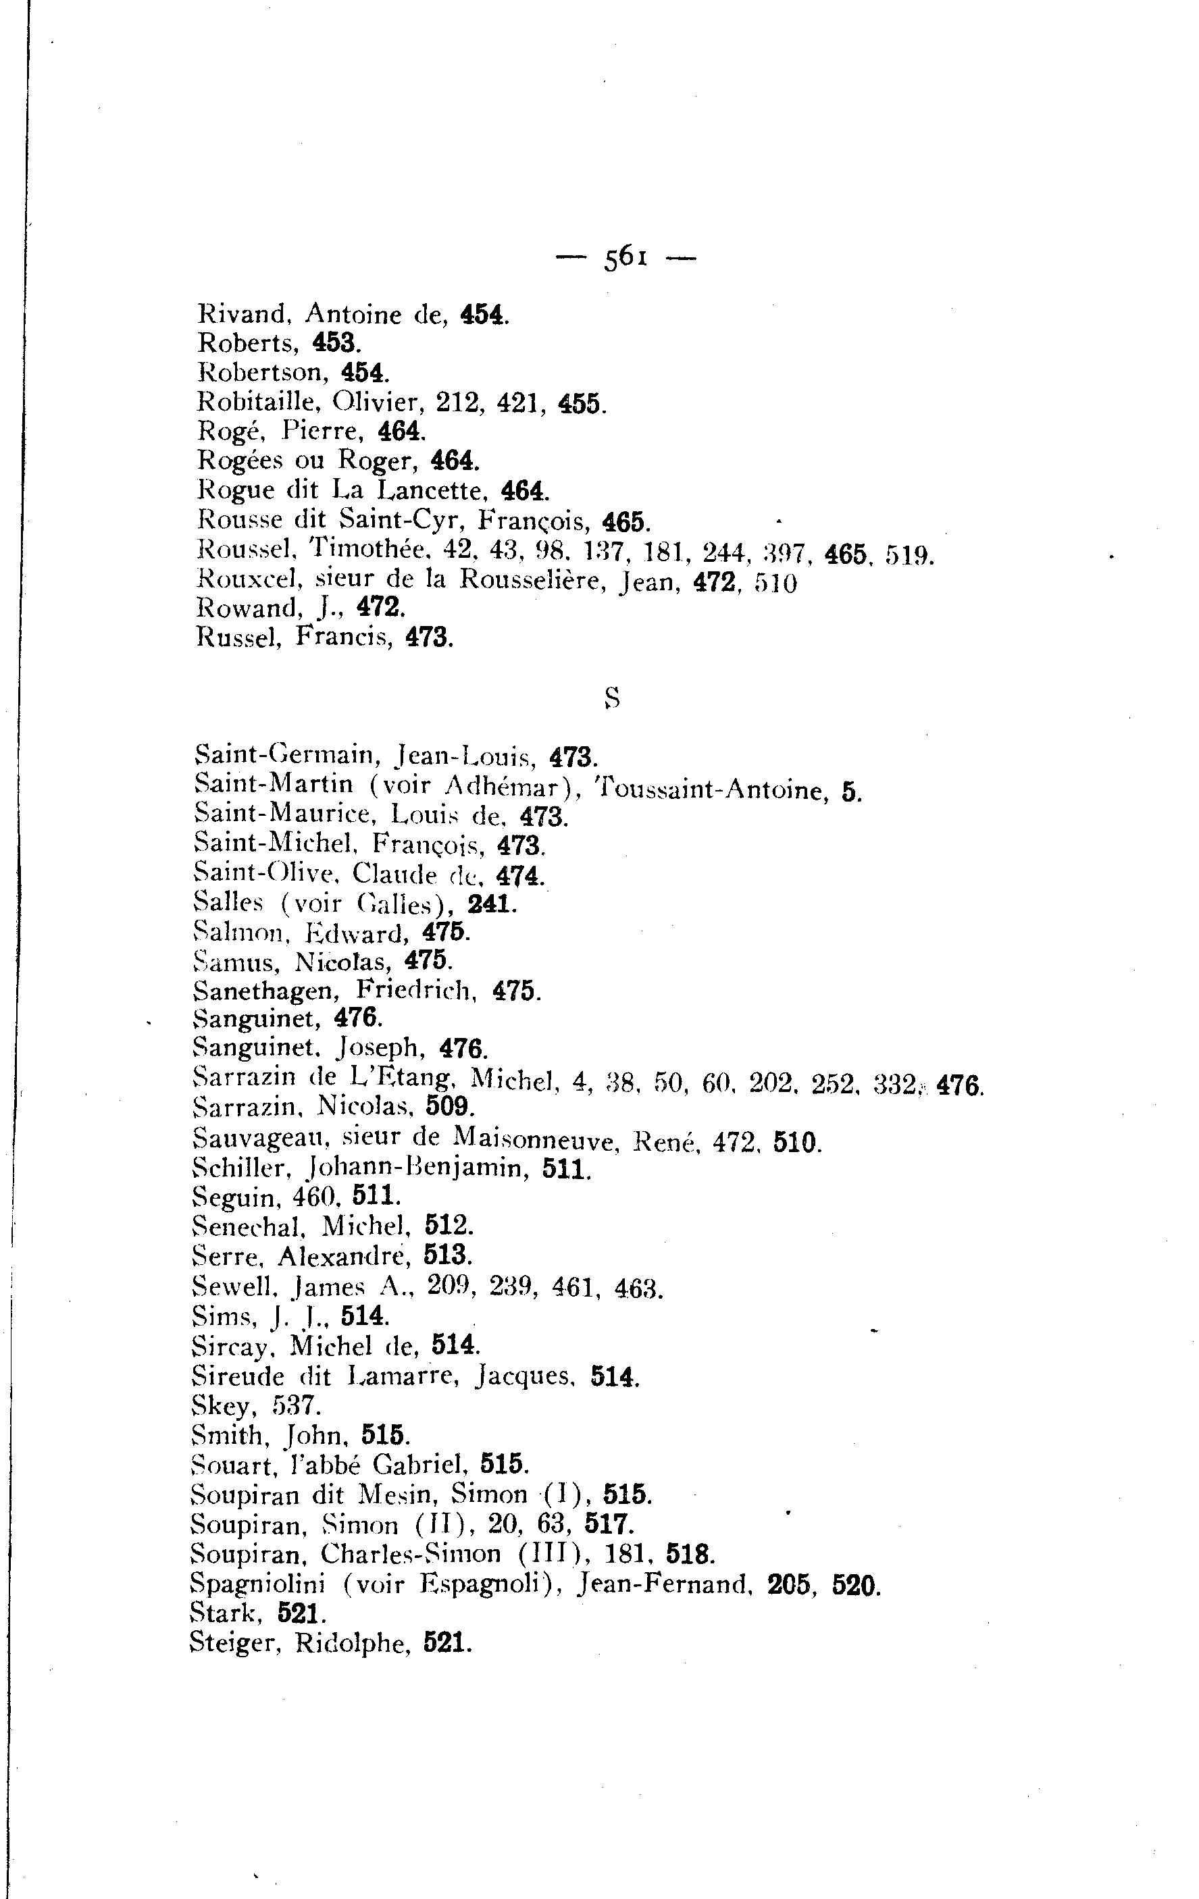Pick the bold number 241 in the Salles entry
[488, 904]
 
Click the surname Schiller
[232, 1166]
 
